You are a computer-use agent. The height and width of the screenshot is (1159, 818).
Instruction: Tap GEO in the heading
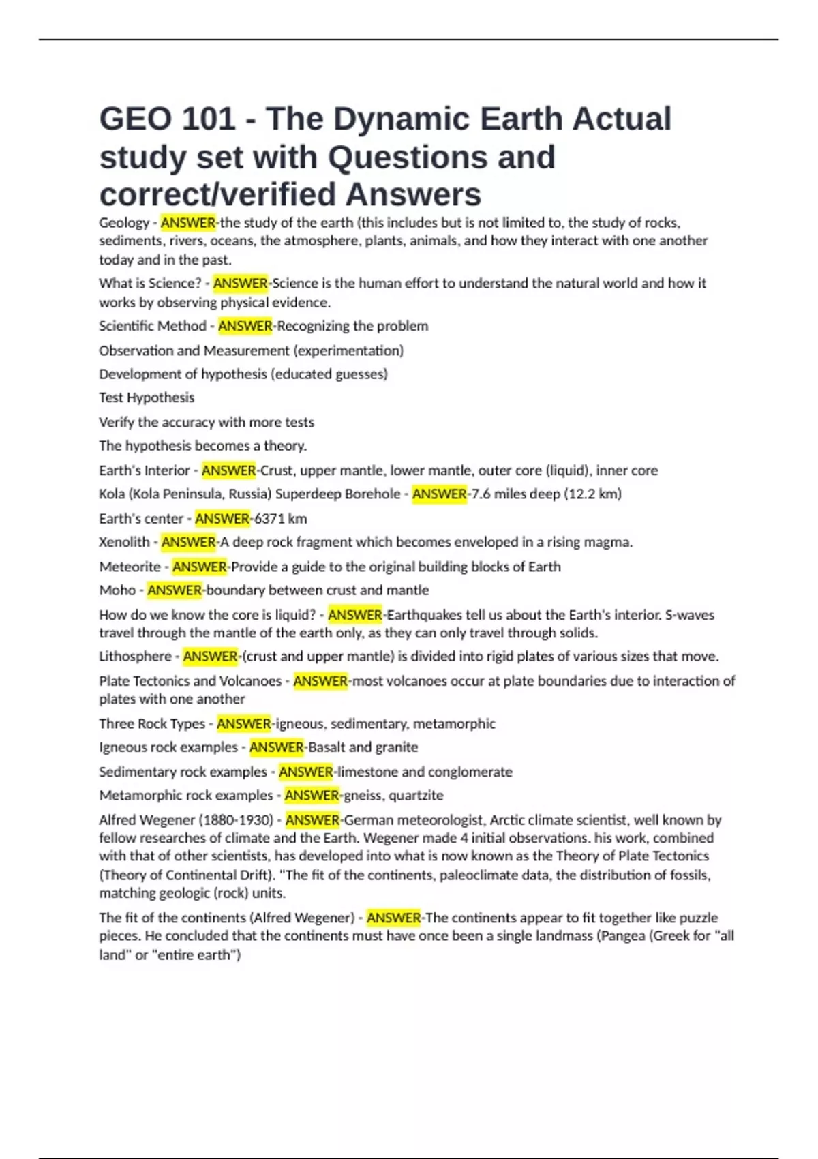point(134,119)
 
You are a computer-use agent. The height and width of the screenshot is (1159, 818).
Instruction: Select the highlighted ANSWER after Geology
point(188,223)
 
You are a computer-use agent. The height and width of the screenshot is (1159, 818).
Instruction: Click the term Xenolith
point(124,543)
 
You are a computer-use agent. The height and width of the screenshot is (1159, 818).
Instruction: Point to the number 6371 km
point(280,519)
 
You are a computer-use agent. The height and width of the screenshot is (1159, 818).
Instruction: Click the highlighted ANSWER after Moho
point(175,590)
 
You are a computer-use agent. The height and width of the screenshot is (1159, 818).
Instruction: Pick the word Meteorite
point(130,567)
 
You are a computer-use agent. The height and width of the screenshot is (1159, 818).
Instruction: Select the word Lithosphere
point(135,657)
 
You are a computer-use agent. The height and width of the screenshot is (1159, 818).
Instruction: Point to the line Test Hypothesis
point(147,398)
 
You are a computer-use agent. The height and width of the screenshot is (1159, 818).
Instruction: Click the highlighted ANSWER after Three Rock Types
point(244,724)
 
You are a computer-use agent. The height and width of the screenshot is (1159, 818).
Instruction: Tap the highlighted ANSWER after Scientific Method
point(245,327)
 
